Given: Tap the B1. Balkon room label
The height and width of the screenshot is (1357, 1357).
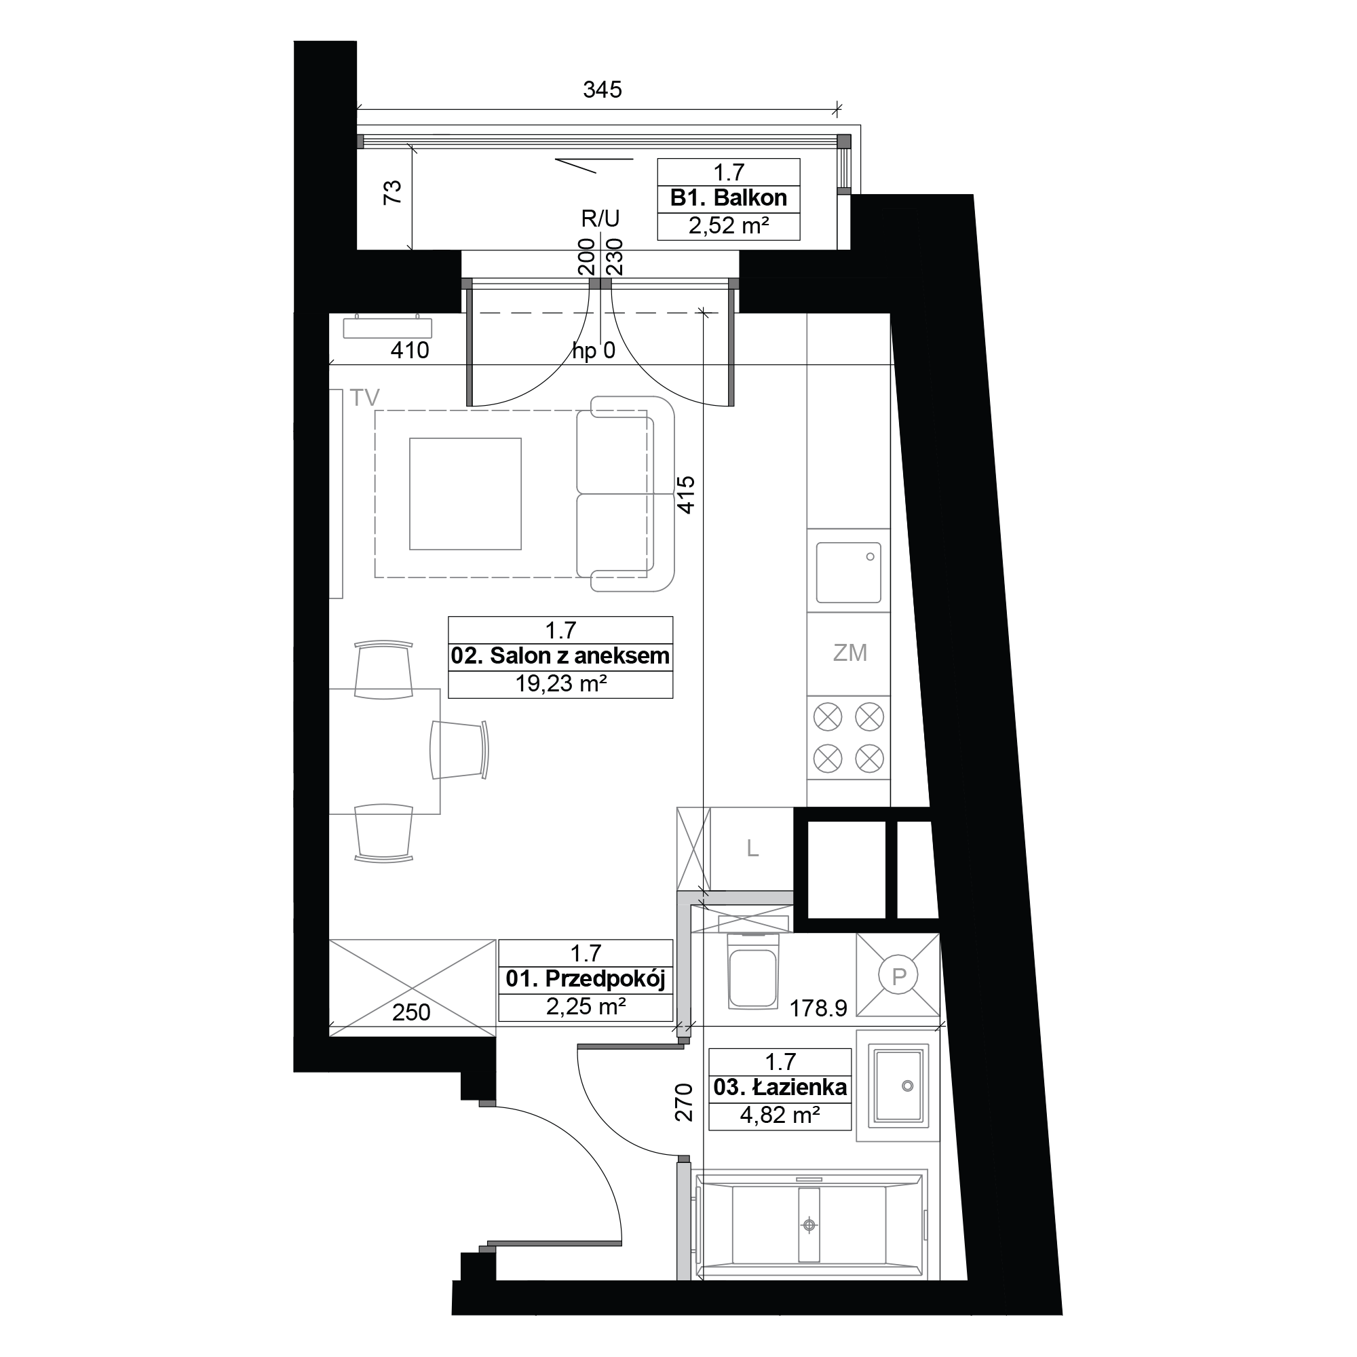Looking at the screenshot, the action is pyautogui.click(x=728, y=198).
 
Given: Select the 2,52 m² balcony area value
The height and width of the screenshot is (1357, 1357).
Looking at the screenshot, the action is pyautogui.click(x=728, y=225).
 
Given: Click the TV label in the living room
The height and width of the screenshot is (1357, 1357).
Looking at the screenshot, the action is pyautogui.click(x=364, y=398).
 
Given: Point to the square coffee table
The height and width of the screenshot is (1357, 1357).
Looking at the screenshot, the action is pyautogui.click(x=465, y=494).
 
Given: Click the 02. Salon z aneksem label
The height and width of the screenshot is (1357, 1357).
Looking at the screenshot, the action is pyautogui.click(x=560, y=656).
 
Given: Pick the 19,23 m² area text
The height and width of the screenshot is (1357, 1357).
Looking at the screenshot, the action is pyautogui.click(x=560, y=683).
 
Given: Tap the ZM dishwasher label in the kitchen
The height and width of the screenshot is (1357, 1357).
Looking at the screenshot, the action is pyautogui.click(x=850, y=653).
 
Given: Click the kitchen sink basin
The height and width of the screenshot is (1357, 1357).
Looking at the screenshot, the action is pyautogui.click(x=849, y=573).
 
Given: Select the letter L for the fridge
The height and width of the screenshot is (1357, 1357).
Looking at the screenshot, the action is pyautogui.click(x=752, y=849).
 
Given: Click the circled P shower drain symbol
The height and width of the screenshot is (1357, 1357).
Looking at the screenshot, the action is pyautogui.click(x=899, y=976).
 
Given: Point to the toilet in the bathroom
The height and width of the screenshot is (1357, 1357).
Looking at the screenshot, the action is pyautogui.click(x=752, y=972).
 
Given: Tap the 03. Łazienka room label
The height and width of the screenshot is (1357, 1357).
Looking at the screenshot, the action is pyautogui.click(x=780, y=1088).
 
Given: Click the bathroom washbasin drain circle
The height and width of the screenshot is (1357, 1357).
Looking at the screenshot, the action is pyautogui.click(x=906, y=1086).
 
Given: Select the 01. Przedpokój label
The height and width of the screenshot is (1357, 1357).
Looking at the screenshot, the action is pyautogui.click(x=586, y=979).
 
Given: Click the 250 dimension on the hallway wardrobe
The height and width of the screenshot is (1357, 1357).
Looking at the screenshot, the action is pyautogui.click(x=411, y=1012).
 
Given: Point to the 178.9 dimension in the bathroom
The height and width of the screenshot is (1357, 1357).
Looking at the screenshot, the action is pyautogui.click(x=818, y=1009).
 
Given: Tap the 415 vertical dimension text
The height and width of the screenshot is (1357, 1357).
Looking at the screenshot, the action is pyautogui.click(x=685, y=495).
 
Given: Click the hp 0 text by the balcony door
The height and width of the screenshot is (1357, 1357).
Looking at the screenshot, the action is pyautogui.click(x=594, y=351).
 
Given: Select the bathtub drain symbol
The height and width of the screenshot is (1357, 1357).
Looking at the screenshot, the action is pyautogui.click(x=809, y=1225).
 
